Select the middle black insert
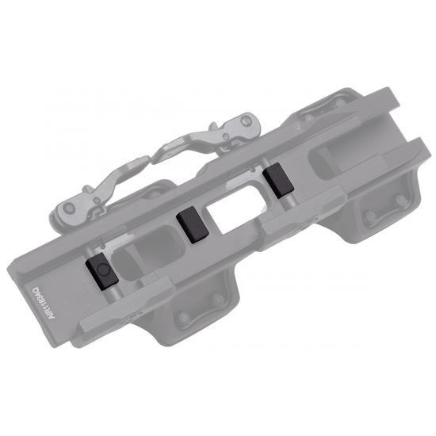(x=192, y=224)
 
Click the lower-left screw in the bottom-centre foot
(x=185, y=318)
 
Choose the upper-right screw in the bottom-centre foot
(x=212, y=300)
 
